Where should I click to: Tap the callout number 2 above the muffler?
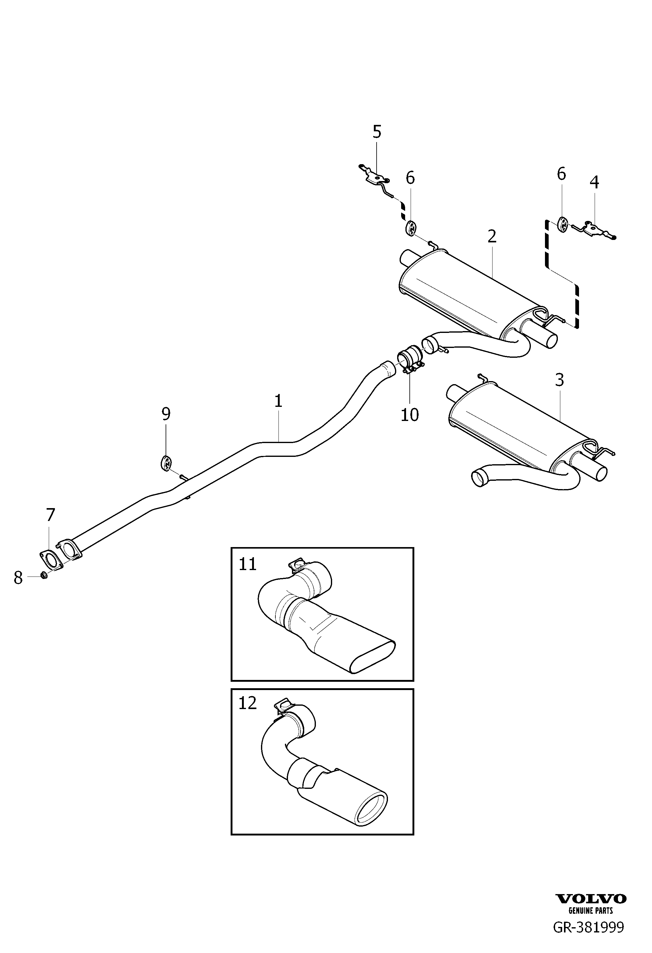point(492,236)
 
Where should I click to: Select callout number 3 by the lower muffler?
point(559,380)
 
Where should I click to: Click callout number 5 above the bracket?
point(377,132)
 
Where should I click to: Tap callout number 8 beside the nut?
point(18,578)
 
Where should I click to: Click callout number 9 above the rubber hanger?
point(166,414)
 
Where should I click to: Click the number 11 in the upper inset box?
point(247,564)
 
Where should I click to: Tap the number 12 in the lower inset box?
point(247,703)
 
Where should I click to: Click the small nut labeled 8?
point(44,576)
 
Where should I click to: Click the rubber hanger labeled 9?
point(165,463)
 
